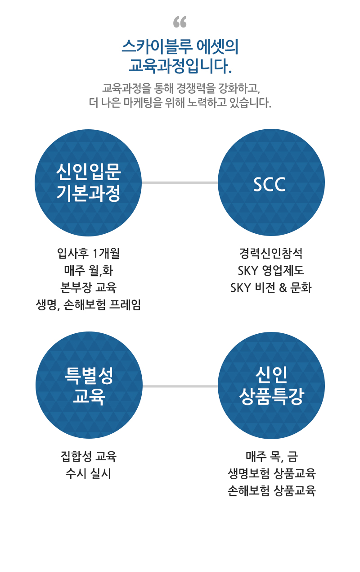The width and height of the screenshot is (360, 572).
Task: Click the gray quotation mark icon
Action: [x=180, y=22]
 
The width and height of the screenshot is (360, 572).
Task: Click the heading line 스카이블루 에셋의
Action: [x=180, y=47]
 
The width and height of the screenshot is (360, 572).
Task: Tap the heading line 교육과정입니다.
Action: [x=180, y=66]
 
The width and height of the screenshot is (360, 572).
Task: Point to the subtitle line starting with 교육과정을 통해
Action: [x=181, y=88]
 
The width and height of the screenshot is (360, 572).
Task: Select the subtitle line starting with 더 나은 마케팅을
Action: [x=180, y=103]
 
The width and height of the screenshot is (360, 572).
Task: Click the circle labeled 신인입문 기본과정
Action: [x=88, y=182]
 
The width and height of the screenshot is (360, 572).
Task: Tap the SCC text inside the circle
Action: [x=270, y=184]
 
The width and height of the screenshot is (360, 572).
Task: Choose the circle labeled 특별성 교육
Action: [x=89, y=386]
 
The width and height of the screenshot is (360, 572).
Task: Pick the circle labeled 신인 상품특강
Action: [x=271, y=386]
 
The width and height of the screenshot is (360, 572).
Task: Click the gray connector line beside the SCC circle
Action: [x=180, y=182]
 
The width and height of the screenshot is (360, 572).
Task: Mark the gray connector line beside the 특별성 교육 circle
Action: [x=180, y=386]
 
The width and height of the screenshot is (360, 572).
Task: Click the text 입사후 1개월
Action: [x=88, y=253]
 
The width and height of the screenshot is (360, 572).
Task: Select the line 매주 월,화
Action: [x=88, y=270]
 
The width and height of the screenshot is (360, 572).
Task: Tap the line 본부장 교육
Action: [x=88, y=287]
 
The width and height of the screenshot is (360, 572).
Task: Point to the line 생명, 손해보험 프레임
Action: [x=88, y=304]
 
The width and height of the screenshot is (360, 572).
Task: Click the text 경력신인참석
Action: [x=271, y=253]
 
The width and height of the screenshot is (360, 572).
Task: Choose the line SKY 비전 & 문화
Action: [x=271, y=287]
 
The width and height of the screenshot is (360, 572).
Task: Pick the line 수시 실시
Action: [x=88, y=474]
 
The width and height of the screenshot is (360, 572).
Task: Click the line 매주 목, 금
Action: [x=272, y=457]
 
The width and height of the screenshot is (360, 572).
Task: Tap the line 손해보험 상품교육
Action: [x=272, y=490]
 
